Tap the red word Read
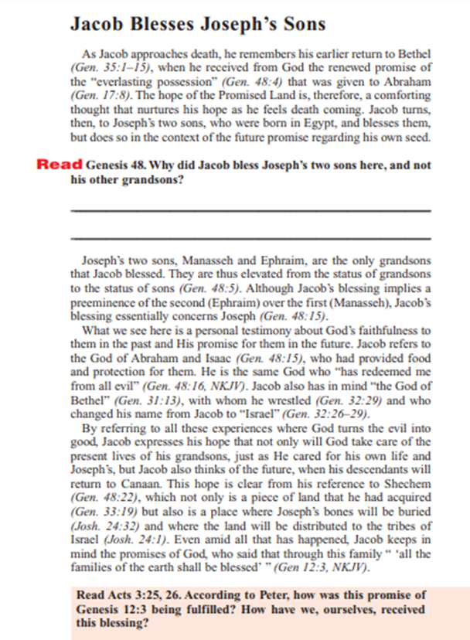(60, 165)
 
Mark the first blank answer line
(250, 211)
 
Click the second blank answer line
(250, 239)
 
